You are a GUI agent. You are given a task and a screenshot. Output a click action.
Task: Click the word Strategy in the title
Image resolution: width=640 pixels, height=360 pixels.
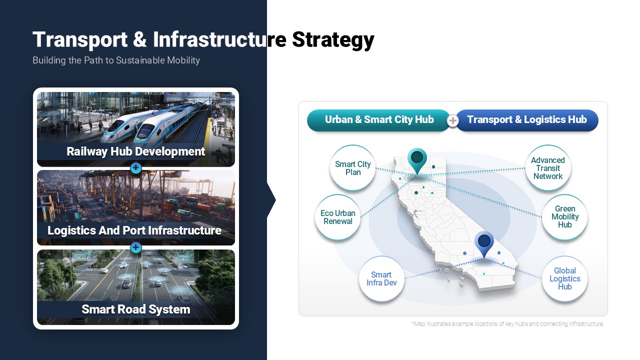[x=333, y=39]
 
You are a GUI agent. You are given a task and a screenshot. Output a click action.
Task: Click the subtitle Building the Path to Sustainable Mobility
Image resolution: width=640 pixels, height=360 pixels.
[x=116, y=60]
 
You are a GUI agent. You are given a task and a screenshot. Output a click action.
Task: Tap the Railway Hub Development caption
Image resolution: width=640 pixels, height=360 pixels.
[x=135, y=151]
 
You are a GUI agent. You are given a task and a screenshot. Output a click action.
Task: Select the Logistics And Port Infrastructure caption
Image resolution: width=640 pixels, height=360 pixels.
[x=134, y=230]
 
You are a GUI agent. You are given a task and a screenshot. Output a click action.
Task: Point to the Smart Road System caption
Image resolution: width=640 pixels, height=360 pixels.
[x=136, y=309]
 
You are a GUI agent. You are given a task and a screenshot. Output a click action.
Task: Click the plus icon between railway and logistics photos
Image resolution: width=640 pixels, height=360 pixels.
[x=136, y=168]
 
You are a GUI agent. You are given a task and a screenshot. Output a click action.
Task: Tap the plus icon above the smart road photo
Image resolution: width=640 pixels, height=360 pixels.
[x=136, y=247]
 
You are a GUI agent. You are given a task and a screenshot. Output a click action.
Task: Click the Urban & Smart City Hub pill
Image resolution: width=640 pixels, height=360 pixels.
[x=379, y=120]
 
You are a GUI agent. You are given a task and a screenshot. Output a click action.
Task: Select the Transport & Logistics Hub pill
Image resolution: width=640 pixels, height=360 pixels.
[x=527, y=120]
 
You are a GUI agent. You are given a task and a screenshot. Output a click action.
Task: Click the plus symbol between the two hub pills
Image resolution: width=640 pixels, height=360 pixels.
[x=453, y=120]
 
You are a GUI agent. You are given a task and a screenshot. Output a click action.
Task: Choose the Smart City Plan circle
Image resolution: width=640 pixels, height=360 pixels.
[x=353, y=168]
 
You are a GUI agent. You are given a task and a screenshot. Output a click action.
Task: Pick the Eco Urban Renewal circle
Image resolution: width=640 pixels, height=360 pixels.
[x=337, y=217]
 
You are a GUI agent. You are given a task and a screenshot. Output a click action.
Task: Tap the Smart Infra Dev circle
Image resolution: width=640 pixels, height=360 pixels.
[x=381, y=279]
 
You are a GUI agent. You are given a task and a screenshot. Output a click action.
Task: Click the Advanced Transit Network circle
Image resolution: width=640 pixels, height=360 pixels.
[x=548, y=168]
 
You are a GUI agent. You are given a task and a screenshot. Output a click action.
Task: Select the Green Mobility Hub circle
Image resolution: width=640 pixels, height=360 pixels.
[x=565, y=217]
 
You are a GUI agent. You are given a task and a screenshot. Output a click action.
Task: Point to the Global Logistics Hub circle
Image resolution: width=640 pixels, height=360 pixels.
[x=565, y=279]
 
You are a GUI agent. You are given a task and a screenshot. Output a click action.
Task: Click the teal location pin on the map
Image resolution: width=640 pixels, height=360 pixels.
[x=417, y=159]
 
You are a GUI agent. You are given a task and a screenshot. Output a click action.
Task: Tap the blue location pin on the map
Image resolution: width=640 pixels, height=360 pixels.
[x=484, y=243]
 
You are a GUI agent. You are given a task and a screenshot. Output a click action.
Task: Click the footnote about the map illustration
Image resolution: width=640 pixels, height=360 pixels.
[x=507, y=324]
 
